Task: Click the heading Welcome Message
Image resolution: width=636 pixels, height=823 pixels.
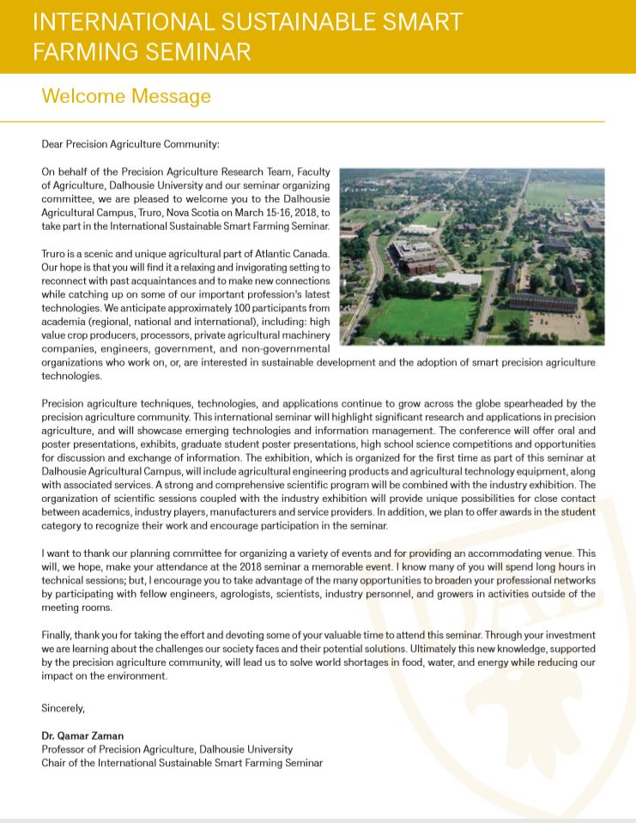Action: tap(126, 96)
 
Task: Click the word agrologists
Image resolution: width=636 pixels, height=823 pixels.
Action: tap(257, 594)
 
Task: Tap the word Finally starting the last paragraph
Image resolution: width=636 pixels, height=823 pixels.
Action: tap(58, 635)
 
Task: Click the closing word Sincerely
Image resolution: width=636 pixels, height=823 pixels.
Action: tap(64, 708)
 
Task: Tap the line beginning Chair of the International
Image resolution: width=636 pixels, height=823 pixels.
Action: tap(182, 763)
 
